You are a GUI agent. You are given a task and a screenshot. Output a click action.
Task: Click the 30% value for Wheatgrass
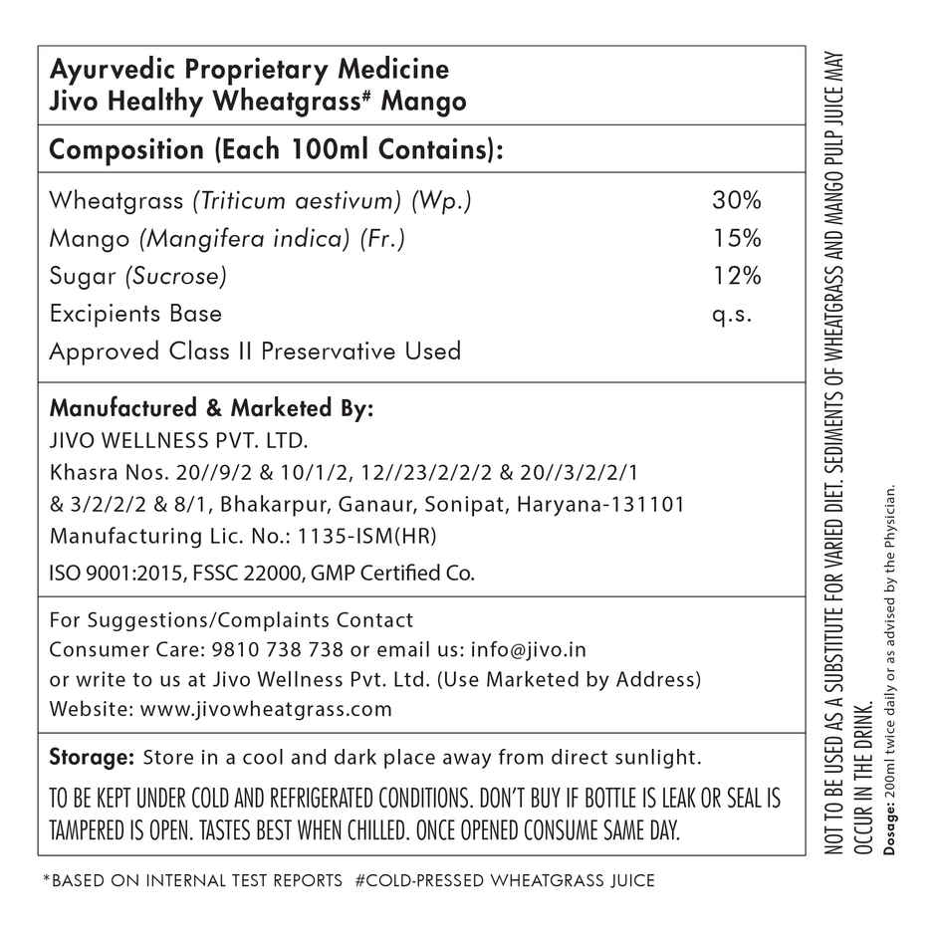coord(737,200)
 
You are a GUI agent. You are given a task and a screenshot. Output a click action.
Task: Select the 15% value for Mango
coord(737,239)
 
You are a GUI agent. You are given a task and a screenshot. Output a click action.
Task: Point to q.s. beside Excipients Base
coord(733,315)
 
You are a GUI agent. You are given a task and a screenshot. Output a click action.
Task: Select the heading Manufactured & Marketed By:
coord(211,409)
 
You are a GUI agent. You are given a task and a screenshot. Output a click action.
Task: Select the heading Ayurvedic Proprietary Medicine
coord(249,71)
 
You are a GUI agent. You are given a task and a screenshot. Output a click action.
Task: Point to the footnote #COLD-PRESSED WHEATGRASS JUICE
coord(505,881)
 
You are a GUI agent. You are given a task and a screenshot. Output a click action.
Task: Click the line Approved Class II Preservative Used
coord(255,351)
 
